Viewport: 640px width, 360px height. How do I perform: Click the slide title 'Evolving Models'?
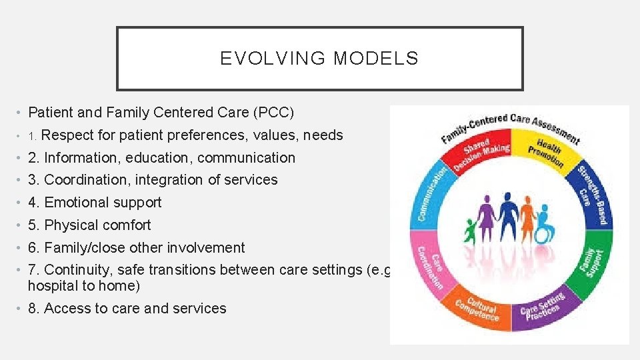(x=319, y=59)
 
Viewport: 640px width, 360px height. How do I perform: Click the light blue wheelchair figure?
(x=543, y=223)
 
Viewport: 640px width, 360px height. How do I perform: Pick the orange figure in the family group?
(x=527, y=220)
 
